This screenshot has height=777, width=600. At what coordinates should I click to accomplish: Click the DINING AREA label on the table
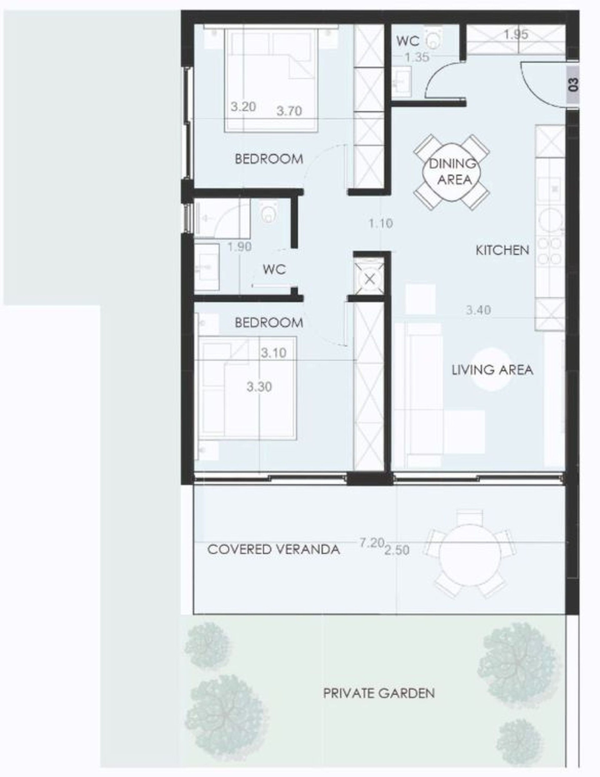(452, 172)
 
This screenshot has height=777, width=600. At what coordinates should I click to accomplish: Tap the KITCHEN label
(502, 250)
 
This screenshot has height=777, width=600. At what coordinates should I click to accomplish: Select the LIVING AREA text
(492, 370)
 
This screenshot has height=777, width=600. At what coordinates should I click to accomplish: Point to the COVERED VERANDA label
(273, 549)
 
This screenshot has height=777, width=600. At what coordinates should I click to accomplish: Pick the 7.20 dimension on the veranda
(372, 543)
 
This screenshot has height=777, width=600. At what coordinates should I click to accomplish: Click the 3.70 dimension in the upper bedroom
(289, 111)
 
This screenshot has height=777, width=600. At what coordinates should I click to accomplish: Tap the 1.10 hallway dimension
(381, 224)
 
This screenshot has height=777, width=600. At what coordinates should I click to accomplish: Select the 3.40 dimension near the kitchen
(478, 310)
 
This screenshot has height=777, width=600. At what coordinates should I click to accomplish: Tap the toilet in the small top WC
(433, 39)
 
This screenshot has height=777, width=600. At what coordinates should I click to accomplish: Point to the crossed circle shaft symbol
(370, 279)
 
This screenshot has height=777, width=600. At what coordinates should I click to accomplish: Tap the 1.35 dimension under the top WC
(417, 57)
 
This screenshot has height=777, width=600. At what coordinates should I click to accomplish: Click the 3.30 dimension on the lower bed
(259, 386)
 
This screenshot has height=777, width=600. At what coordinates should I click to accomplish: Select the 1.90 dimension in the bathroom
(239, 247)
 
